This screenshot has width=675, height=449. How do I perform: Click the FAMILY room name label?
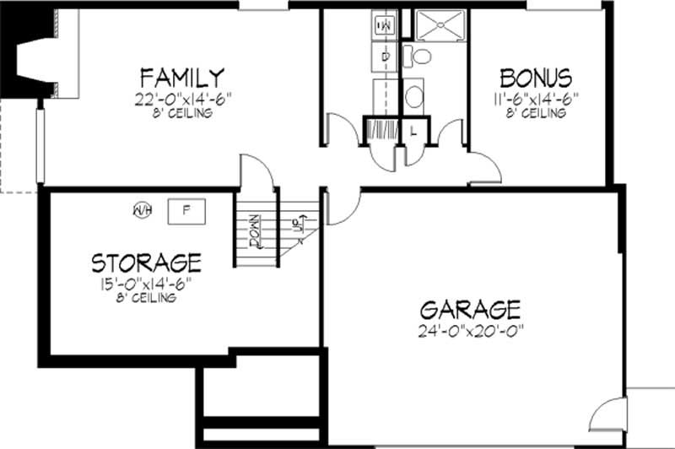click(x=182, y=78)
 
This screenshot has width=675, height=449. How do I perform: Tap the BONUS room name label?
click(x=536, y=78)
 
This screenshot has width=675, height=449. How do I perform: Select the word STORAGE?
click(x=146, y=261)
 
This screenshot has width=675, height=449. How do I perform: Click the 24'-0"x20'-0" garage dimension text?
click(x=472, y=331)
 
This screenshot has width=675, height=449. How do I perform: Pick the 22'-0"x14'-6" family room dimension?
click(x=182, y=99)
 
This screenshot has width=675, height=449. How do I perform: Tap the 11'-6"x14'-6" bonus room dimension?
click(x=537, y=99)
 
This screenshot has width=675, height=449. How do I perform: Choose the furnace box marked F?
click(x=188, y=209)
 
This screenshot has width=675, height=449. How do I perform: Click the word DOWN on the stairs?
click(x=255, y=229)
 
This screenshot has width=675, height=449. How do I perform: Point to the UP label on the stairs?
click(x=297, y=224)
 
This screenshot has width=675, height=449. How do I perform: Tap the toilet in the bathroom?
click(x=418, y=57)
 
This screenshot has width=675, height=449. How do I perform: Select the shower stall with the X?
click(x=438, y=26)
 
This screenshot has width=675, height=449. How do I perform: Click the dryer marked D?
click(x=384, y=57)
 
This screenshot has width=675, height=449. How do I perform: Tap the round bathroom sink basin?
click(x=413, y=95)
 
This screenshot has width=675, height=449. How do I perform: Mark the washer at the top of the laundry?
click(x=384, y=26)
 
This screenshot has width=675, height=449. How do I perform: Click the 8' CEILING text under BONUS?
click(x=537, y=113)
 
